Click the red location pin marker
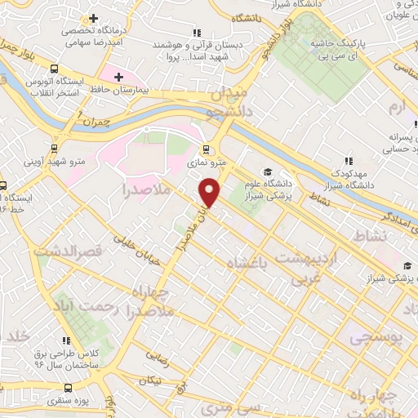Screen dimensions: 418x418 click(x=210, y=192)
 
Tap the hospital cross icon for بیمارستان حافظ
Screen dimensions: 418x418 click(x=119, y=77)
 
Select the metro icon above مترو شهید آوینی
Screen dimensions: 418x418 click(x=54, y=149)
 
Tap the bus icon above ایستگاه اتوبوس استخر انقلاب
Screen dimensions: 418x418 click(x=55, y=69)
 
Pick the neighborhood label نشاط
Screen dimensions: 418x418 click(x=371, y=236)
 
